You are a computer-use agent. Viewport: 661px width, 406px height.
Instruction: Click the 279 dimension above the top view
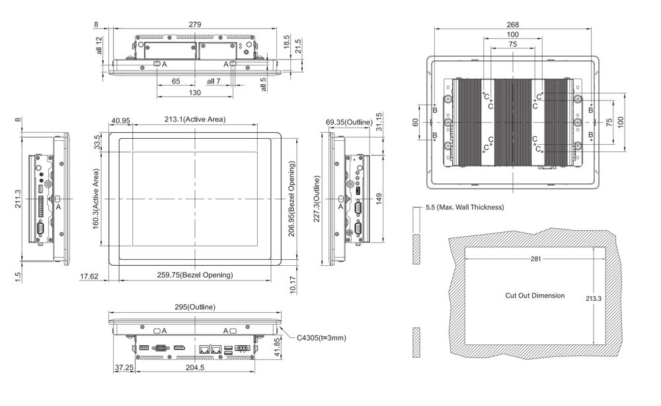point(194,24)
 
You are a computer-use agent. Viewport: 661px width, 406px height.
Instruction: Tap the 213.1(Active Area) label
point(195,120)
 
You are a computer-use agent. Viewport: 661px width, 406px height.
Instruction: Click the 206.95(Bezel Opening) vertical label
point(292,198)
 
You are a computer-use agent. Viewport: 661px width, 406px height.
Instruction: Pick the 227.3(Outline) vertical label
point(317,199)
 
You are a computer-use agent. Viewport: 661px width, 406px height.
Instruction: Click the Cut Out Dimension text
point(535,296)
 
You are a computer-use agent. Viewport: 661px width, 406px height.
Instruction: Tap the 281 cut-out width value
point(535,259)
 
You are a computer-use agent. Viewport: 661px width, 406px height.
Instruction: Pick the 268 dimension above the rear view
point(513,24)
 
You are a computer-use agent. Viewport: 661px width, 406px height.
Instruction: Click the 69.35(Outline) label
point(348,122)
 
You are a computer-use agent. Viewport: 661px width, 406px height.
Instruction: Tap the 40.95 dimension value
point(120,121)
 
